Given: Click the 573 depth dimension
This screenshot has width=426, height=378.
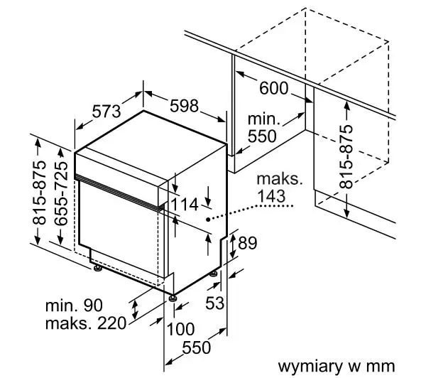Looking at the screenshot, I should coord(107,112).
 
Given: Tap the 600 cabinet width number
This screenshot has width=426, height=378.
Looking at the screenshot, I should coord(273,89).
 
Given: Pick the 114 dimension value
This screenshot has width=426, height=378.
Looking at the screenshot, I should coord(184,204).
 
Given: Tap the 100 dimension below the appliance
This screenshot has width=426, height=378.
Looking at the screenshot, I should coord(182,329).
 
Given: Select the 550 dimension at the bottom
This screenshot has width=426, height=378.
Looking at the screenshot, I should coord(195,349).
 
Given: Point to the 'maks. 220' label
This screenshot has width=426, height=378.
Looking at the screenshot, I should coord(85,324).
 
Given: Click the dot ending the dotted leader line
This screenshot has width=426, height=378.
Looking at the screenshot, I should coord(207,220).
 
